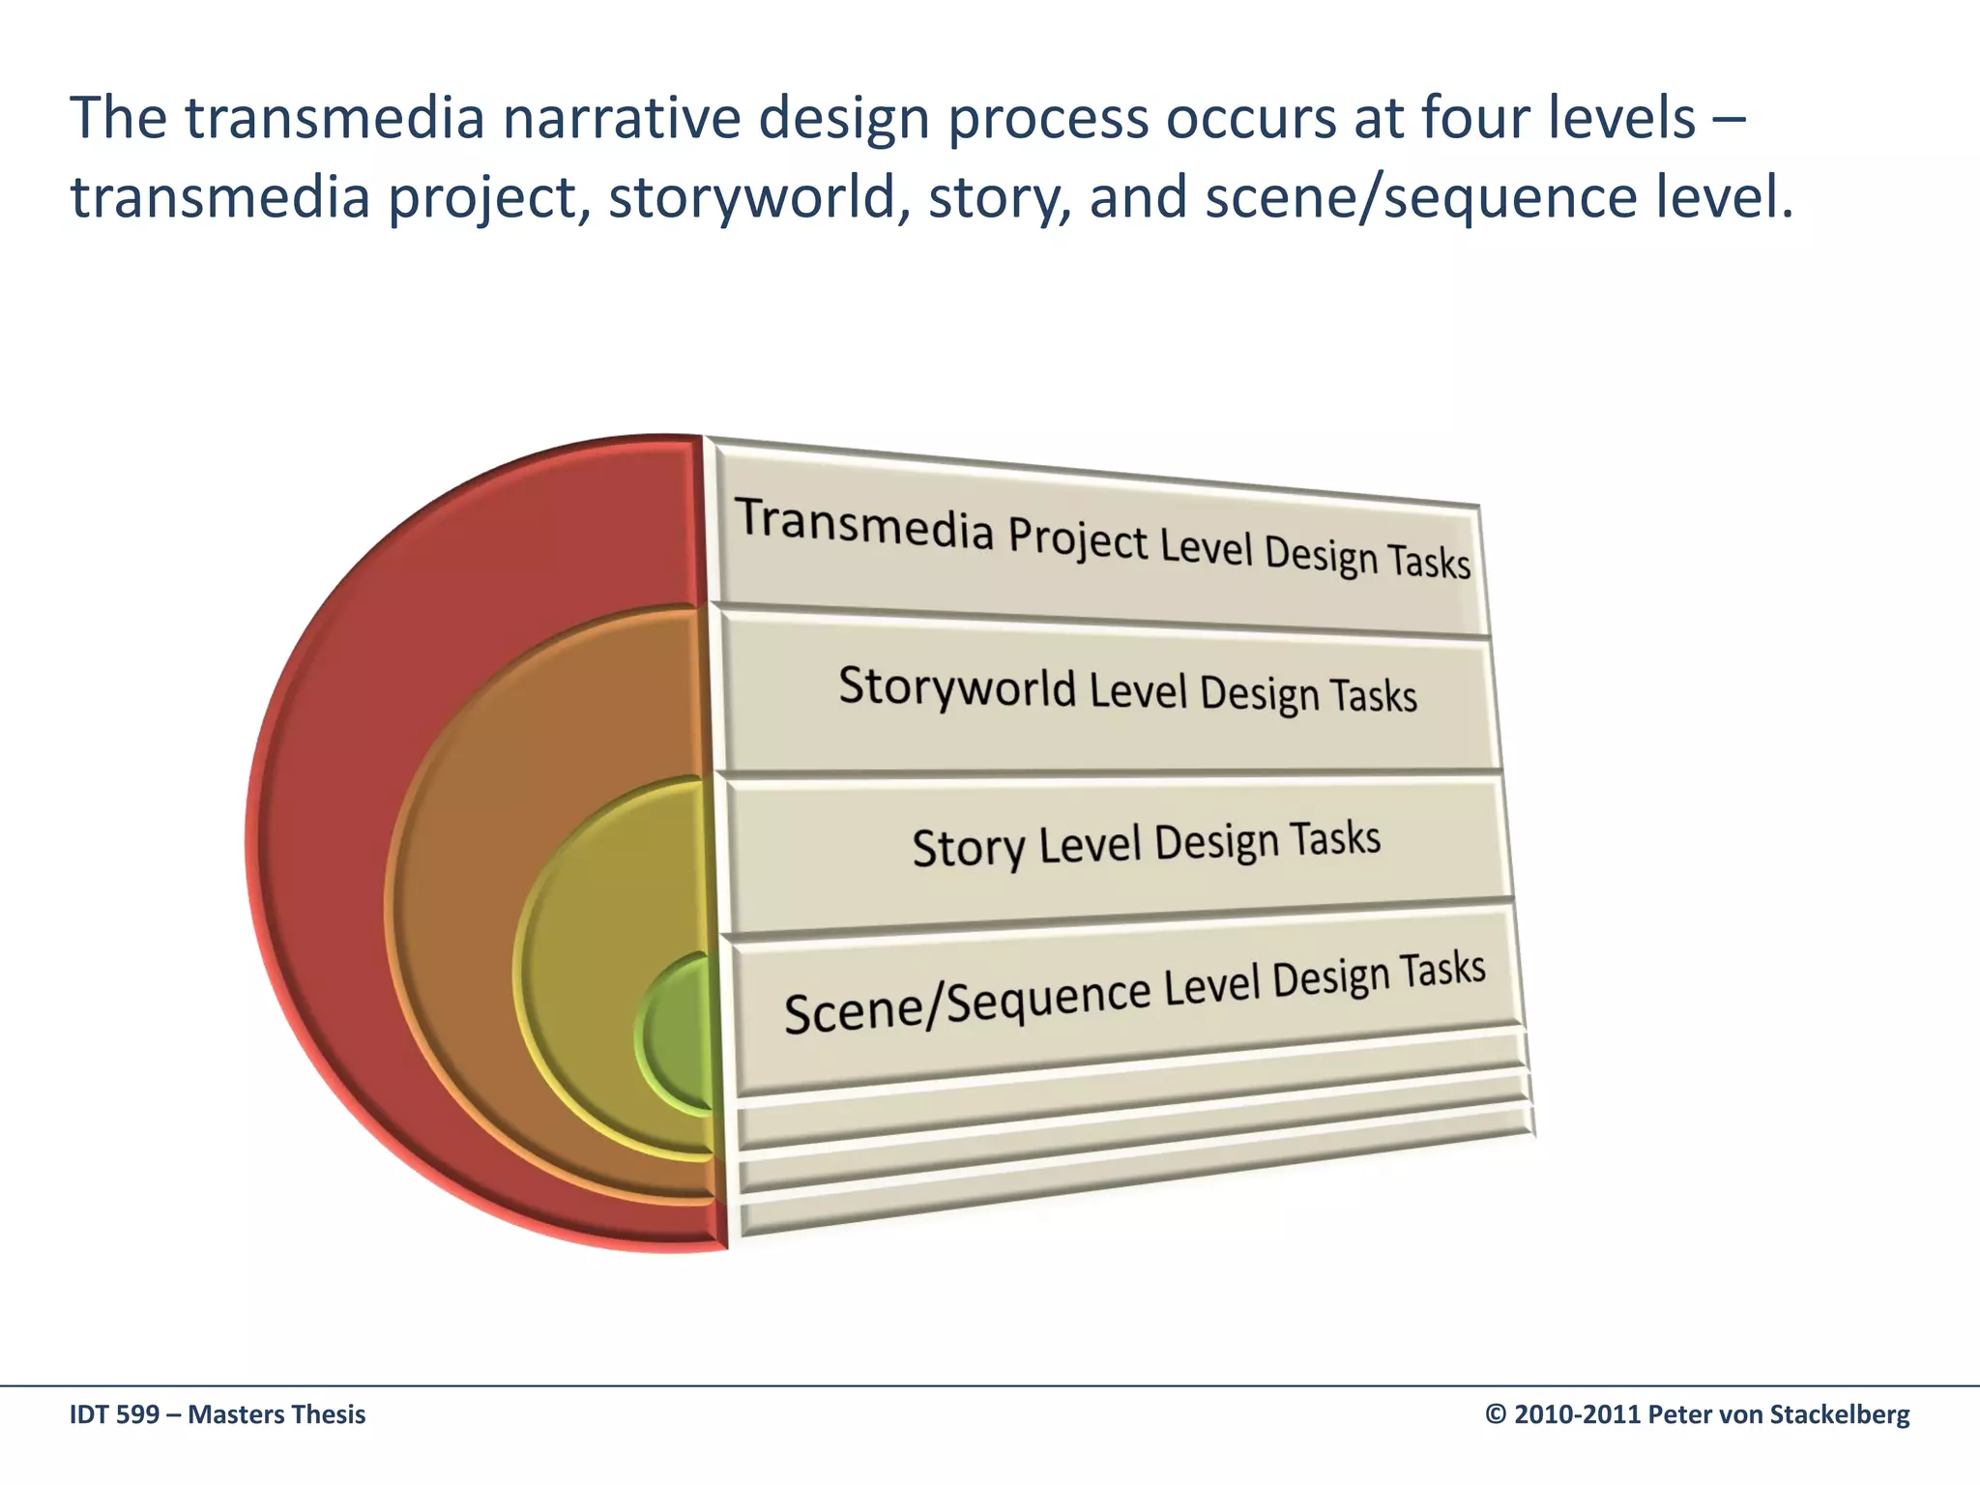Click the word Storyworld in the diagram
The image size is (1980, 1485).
(956, 686)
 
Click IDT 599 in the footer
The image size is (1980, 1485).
(114, 1414)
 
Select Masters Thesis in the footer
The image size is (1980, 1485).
(277, 1414)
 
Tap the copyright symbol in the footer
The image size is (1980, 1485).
(1496, 1414)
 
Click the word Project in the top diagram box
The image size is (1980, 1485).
(1077, 538)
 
